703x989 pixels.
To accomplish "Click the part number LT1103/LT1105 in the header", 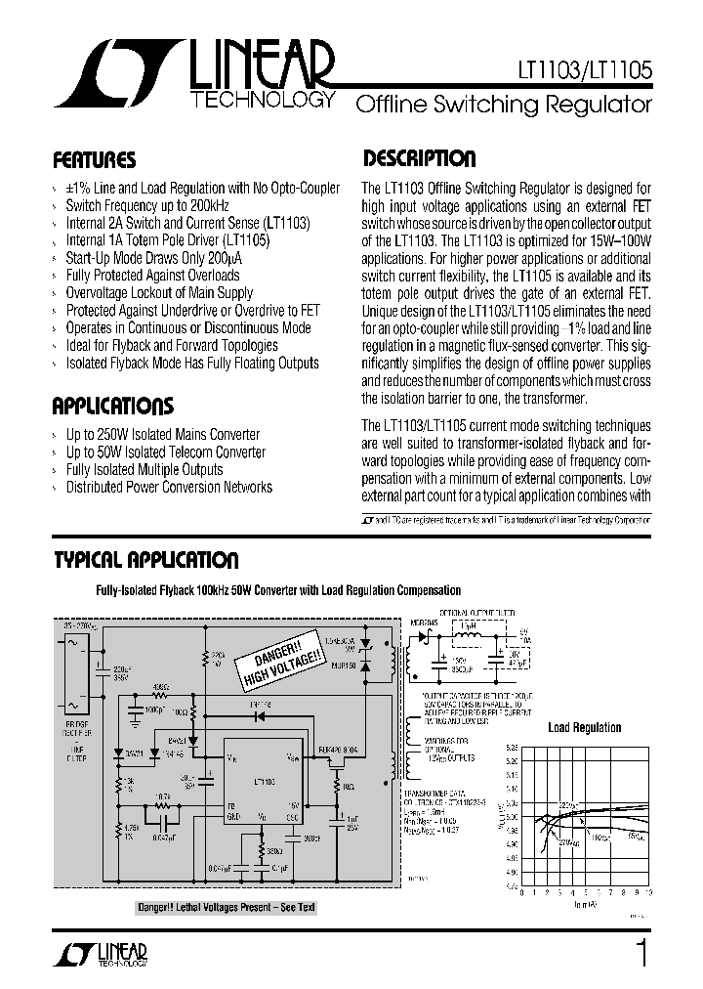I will tap(582, 71).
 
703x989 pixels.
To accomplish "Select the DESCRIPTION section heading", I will tap(419, 158).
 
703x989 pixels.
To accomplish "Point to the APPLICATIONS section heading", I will tap(112, 407).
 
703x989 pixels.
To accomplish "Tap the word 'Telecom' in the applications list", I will tap(183, 451).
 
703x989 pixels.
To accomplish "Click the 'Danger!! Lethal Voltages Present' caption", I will tap(227, 908).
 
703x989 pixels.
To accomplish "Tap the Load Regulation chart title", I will tap(584, 727).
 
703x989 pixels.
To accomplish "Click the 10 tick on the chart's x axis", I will tap(648, 892).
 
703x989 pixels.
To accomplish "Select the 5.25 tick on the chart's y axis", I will tap(511, 746).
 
